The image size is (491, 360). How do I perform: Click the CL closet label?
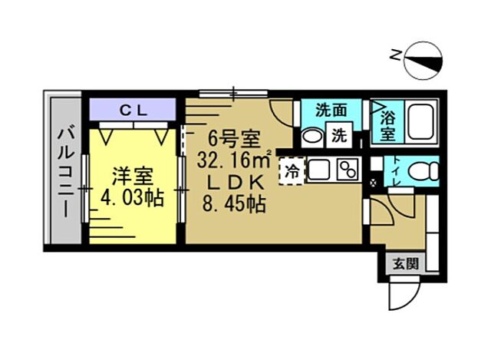(134, 109)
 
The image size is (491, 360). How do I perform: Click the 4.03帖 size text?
(132, 198)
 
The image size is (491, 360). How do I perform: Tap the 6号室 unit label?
(235, 140)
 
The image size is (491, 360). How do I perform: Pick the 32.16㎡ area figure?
(235, 161)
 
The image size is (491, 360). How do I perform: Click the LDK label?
(235, 183)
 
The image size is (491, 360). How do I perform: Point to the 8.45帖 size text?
(233, 204)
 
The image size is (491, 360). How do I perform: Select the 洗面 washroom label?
(332, 110)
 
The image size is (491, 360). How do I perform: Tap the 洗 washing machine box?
(338, 136)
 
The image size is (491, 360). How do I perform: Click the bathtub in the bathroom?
(420, 122)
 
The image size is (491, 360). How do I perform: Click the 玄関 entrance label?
(407, 265)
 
